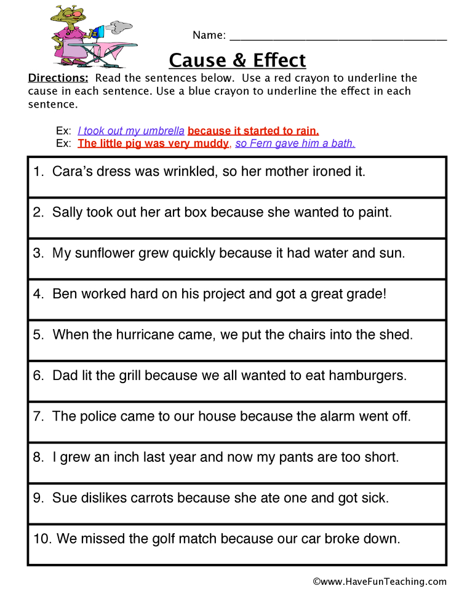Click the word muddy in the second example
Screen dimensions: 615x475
(x=210, y=144)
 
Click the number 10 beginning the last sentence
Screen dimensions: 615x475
(x=41, y=539)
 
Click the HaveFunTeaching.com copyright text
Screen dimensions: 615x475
(x=380, y=581)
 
